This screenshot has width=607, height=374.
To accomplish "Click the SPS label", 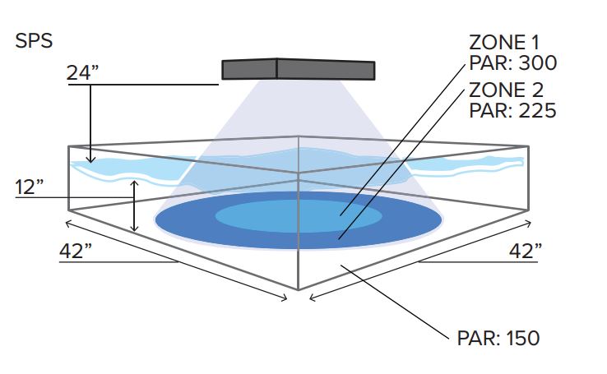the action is [x=34, y=41].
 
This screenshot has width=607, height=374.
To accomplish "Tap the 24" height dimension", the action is [x=82, y=72].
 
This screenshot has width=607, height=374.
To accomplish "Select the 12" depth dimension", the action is [x=29, y=187].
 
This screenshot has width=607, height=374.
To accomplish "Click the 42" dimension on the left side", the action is [x=76, y=251].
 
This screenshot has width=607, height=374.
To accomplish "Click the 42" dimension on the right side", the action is [x=526, y=251].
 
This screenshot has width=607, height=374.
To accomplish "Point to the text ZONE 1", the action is [x=504, y=43].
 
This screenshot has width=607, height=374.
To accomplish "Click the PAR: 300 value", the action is [x=513, y=62].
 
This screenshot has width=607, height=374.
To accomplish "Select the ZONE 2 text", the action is [x=506, y=90].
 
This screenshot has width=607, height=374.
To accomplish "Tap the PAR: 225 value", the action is [x=512, y=111].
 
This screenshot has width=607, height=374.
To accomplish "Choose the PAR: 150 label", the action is [x=498, y=338].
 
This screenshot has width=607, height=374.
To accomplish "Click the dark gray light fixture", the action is [x=298, y=69].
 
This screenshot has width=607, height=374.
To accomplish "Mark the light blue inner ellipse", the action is [x=299, y=216].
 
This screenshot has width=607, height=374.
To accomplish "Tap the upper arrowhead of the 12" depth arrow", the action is [x=134, y=183].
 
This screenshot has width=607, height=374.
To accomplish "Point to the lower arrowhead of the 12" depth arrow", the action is [x=134, y=229].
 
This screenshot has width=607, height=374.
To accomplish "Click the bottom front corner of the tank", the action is [x=298, y=289].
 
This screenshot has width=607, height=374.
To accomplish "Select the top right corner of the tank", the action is [x=528, y=146].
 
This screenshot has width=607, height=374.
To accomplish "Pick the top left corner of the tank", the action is [x=68, y=146].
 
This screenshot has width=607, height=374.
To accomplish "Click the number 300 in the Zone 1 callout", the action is [x=537, y=62].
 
